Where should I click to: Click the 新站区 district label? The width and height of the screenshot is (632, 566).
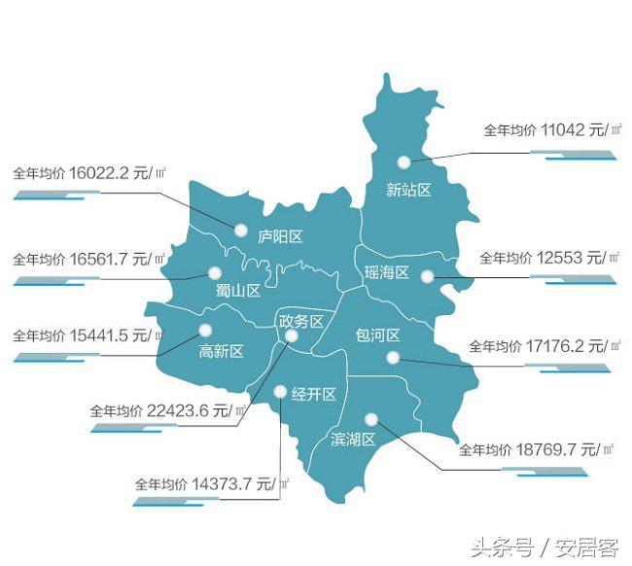[x=408, y=190]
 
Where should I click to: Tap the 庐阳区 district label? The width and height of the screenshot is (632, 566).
[x=281, y=236]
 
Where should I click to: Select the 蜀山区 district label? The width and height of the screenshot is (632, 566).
[x=238, y=291]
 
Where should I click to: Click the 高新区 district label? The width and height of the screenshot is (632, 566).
[x=221, y=351]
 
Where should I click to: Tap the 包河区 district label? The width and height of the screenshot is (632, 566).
[x=378, y=336]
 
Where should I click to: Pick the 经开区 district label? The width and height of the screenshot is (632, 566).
[x=314, y=394]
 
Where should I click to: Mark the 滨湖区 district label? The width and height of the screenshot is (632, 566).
[x=353, y=439]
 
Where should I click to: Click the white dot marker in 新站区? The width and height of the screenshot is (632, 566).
[x=403, y=162]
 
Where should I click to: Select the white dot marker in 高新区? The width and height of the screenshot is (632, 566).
[x=206, y=330]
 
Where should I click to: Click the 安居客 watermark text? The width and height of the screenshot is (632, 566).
[x=588, y=547]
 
